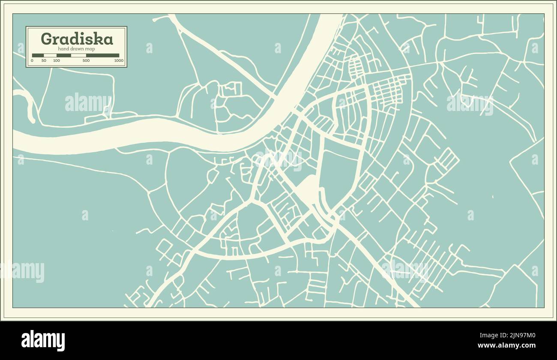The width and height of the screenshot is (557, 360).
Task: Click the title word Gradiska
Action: (x=77, y=39)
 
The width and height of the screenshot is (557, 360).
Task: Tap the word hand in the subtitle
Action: (x=63, y=49)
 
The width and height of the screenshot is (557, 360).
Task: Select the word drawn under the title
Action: (x=77, y=49)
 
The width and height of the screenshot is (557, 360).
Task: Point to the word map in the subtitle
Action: (x=90, y=49)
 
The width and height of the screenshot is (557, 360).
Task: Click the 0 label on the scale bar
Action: (x=32, y=61)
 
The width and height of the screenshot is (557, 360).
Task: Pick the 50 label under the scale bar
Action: (x=44, y=61)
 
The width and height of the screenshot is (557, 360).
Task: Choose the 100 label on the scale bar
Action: (x=56, y=61)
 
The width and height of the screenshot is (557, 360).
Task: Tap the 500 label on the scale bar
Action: (x=86, y=61)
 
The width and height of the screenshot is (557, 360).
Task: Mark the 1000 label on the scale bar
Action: (x=119, y=61)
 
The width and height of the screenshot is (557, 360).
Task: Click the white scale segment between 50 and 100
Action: (x=50, y=55)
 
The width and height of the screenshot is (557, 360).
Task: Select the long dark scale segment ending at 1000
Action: (x=103, y=55)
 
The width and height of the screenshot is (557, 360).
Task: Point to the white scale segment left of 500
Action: (x=78, y=55)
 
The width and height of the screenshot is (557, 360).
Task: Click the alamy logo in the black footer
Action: (x=43, y=341)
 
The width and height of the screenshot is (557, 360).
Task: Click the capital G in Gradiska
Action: (x=47, y=39)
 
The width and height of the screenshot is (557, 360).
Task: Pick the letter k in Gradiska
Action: (x=99, y=39)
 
